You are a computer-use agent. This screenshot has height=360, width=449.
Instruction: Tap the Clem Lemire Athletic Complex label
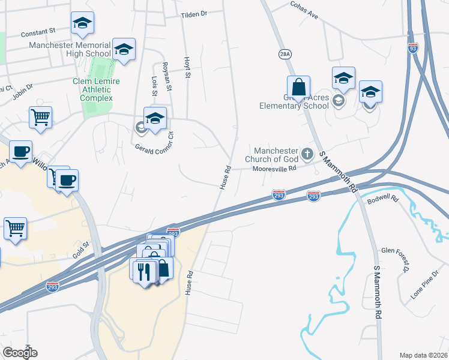pos(96,89)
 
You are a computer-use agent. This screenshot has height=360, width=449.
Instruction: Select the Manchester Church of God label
pos(276,155)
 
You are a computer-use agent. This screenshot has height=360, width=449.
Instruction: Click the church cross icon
pos(307,154)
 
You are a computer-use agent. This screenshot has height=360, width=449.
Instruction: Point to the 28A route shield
pos(285,54)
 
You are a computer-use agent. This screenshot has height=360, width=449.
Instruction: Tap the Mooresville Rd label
pos(274,169)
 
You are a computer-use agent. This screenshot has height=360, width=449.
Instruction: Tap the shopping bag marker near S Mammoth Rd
pos(298,88)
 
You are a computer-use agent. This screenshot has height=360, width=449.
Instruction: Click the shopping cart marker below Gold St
pos(15,229)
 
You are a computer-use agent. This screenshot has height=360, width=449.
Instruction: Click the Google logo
pos(19,352)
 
